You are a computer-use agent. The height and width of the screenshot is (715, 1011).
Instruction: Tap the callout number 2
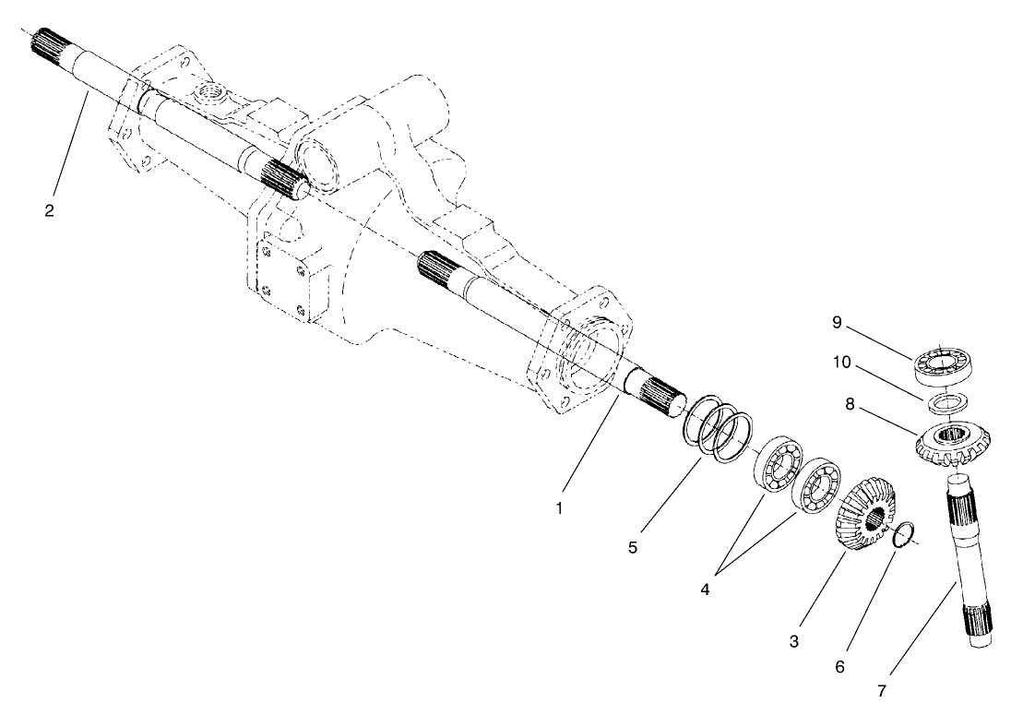[x=49, y=210]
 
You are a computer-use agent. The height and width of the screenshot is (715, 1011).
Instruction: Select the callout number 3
[x=793, y=641]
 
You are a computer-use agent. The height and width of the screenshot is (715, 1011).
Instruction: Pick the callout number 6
[x=839, y=665]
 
